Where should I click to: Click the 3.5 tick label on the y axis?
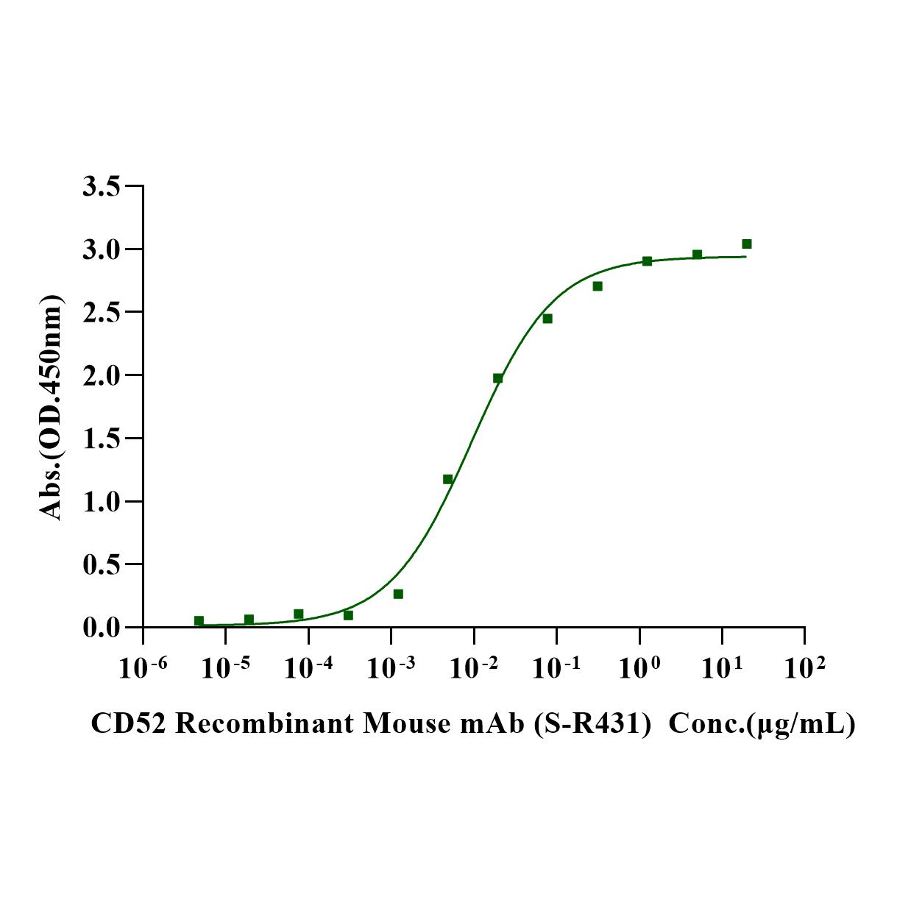[102, 186]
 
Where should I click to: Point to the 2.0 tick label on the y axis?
[102, 375]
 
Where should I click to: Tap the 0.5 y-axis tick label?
[102, 564]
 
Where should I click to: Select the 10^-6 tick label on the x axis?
[143, 667]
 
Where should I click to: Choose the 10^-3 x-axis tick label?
[390, 667]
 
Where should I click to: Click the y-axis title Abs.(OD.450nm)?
[51, 407]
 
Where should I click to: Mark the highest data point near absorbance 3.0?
[746, 244]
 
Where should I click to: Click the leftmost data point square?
[199, 621]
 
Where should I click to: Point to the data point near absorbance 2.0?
[497, 378]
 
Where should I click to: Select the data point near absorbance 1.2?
[447, 479]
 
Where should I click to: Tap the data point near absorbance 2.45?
[547, 319]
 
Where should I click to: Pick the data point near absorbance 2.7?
[598, 286]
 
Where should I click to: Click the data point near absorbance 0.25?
[398, 594]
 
